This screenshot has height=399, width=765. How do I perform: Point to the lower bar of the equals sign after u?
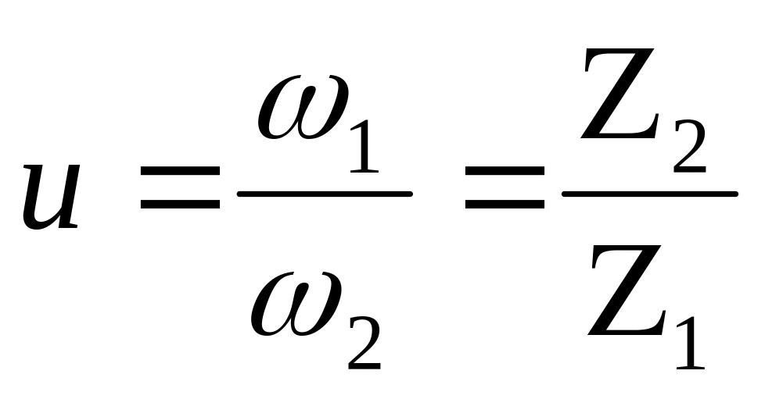coord(180,206)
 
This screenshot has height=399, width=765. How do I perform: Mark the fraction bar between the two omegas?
coord(325,194)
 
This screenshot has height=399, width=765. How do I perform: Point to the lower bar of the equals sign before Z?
coord(505,206)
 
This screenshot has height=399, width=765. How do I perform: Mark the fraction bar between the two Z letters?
coord(649,194)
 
